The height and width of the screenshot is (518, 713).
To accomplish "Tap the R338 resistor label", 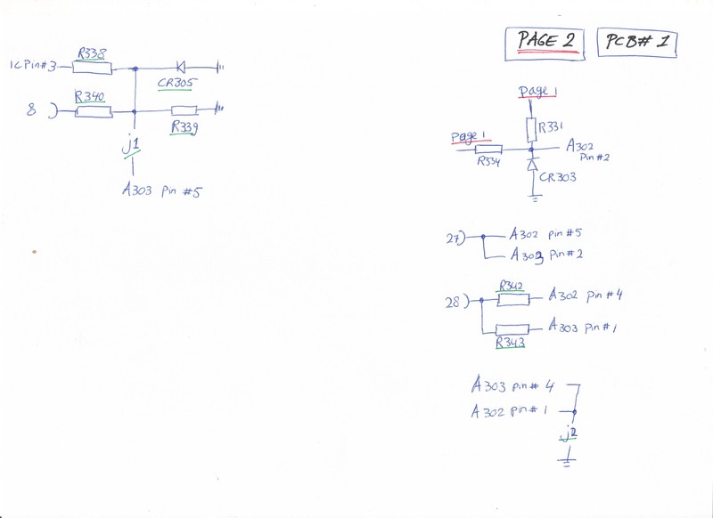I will [91, 53].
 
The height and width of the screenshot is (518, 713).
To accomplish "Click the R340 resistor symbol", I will [93, 112].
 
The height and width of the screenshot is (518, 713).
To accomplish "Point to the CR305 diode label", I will [176, 82].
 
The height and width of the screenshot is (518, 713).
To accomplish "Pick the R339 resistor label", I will [184, 128].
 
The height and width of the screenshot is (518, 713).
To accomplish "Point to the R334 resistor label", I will [488, 162].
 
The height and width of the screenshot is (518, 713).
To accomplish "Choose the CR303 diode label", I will [557, 177].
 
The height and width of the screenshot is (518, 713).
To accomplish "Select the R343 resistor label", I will [511, 342].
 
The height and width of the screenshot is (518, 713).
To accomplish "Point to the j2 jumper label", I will [568, 433].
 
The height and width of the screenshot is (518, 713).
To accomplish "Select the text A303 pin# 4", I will [514, 387].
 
